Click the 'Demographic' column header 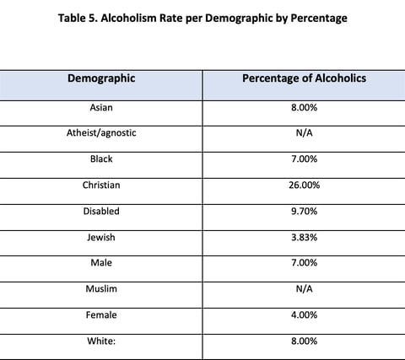point(101,78)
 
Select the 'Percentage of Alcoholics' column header point(304,78)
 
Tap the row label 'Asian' point(101,108)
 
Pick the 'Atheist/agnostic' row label point(101,133)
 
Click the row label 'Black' point(101,159)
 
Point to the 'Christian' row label point(101,185)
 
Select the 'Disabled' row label point(101,212)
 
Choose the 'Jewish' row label point(101,238)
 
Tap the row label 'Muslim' point(101,289)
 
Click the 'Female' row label point(101,315)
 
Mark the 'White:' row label point(101,341)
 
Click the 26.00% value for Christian point(304,185)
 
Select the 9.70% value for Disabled point(304,212)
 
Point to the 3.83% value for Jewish point(304,238)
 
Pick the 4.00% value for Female point(304,315)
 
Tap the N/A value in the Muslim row point(304,289)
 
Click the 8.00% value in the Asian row point(304,108)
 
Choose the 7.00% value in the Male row point(304,263)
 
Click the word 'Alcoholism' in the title point(128,18)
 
